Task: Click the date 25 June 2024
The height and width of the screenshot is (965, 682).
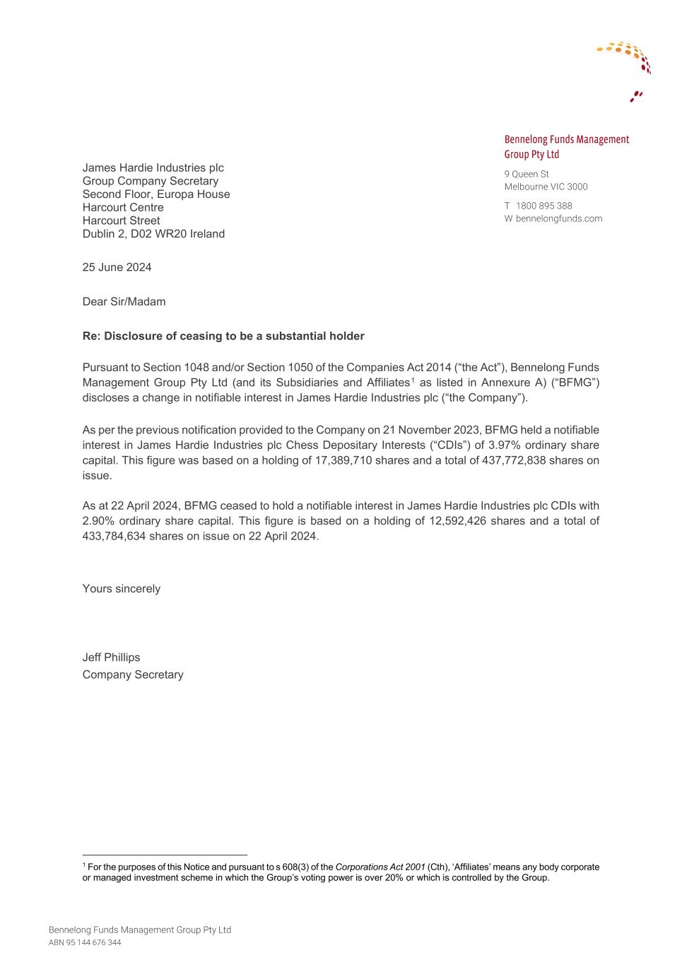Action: click(117, 267)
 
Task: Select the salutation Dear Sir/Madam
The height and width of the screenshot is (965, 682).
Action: click(124, 302)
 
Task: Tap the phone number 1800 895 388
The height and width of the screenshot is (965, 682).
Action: click(543, 206)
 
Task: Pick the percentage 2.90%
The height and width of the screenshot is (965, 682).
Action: click(98, 521)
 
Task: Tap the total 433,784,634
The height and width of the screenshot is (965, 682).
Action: click(114, 537)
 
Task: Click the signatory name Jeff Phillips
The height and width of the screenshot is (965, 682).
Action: click(111, 657)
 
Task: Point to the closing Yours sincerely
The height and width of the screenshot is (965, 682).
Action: click(121, 589)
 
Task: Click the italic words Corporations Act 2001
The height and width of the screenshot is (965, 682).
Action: click(380, 867)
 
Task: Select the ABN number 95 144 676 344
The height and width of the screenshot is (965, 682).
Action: click(93, 943)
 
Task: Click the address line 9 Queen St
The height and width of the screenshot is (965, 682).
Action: click(526, 174)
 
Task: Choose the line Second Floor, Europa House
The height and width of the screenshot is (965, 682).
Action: click(155, 194)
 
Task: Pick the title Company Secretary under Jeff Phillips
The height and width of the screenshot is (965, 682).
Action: click(132, 674)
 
